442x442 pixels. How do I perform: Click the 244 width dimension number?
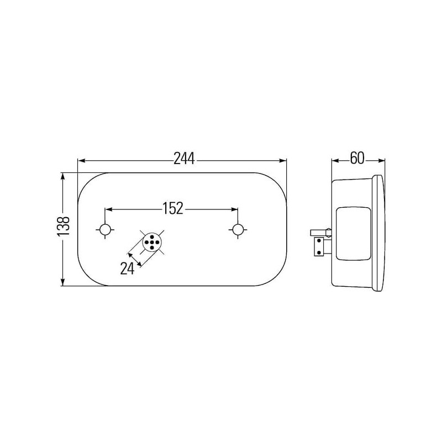[x=184, y=159]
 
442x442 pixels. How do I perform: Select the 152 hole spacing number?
[x=173, y=208]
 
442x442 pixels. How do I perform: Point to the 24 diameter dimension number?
[x=127, y=268]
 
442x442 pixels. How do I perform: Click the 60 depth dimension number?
[x=357, y=158]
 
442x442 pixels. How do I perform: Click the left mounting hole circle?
[x=105, y=229]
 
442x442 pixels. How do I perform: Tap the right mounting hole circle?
[x=238, y=229]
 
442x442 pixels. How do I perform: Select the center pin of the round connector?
[x=152, y=242]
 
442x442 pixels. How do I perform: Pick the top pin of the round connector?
[x=152, y=237]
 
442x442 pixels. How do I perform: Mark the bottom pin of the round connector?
[x=152, y=248]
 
